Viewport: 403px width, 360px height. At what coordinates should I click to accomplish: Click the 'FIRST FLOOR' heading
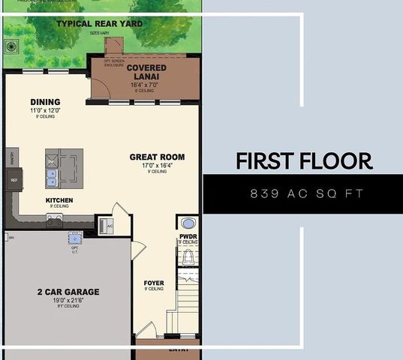pyautogui.click(x=304, y=160)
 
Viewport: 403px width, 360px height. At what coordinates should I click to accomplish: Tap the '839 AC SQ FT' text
pyautogui.click(x=306, y=193)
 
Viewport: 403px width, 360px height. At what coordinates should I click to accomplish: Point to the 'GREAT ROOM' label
pyautogui.click(x=157, y=157)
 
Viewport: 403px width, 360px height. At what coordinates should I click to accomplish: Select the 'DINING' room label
pyautogui.click(x=45, y=103)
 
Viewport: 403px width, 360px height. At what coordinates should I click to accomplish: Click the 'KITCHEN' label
pyautogui.click(x=59, y=200)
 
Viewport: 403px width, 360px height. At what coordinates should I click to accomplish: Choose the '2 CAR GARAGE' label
pyautogui.click(x=68, y=292)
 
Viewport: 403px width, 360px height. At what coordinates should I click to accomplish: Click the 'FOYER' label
pyautogui.click(x=154, y=283)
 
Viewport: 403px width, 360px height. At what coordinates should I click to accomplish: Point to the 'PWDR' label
pyautogui.click(x=188, y=237)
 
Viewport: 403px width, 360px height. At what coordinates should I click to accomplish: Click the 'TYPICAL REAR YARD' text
pyautogui.click(x=99, y=24)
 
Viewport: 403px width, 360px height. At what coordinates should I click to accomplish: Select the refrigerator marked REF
pyautogui.click(x=14, y=180)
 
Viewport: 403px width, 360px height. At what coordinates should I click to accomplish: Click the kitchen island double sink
pyautogui.click(x=52, y=178)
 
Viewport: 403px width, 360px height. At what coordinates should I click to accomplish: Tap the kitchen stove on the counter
pyautogui.click(x=55, y=219)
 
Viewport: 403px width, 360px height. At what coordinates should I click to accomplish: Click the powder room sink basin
pyautogui.click(x=188, y=223)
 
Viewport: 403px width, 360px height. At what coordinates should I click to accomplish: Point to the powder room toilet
pyautogui.click(x=189, y=257)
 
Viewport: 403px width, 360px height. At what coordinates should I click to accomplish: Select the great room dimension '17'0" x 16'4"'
pyautogui.click(x=157, y=166)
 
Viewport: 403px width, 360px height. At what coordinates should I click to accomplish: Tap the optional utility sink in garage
pyautogui.click(x=74, y=238)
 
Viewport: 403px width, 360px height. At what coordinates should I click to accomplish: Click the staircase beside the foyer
pyautogui.click(x=188, y=300)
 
